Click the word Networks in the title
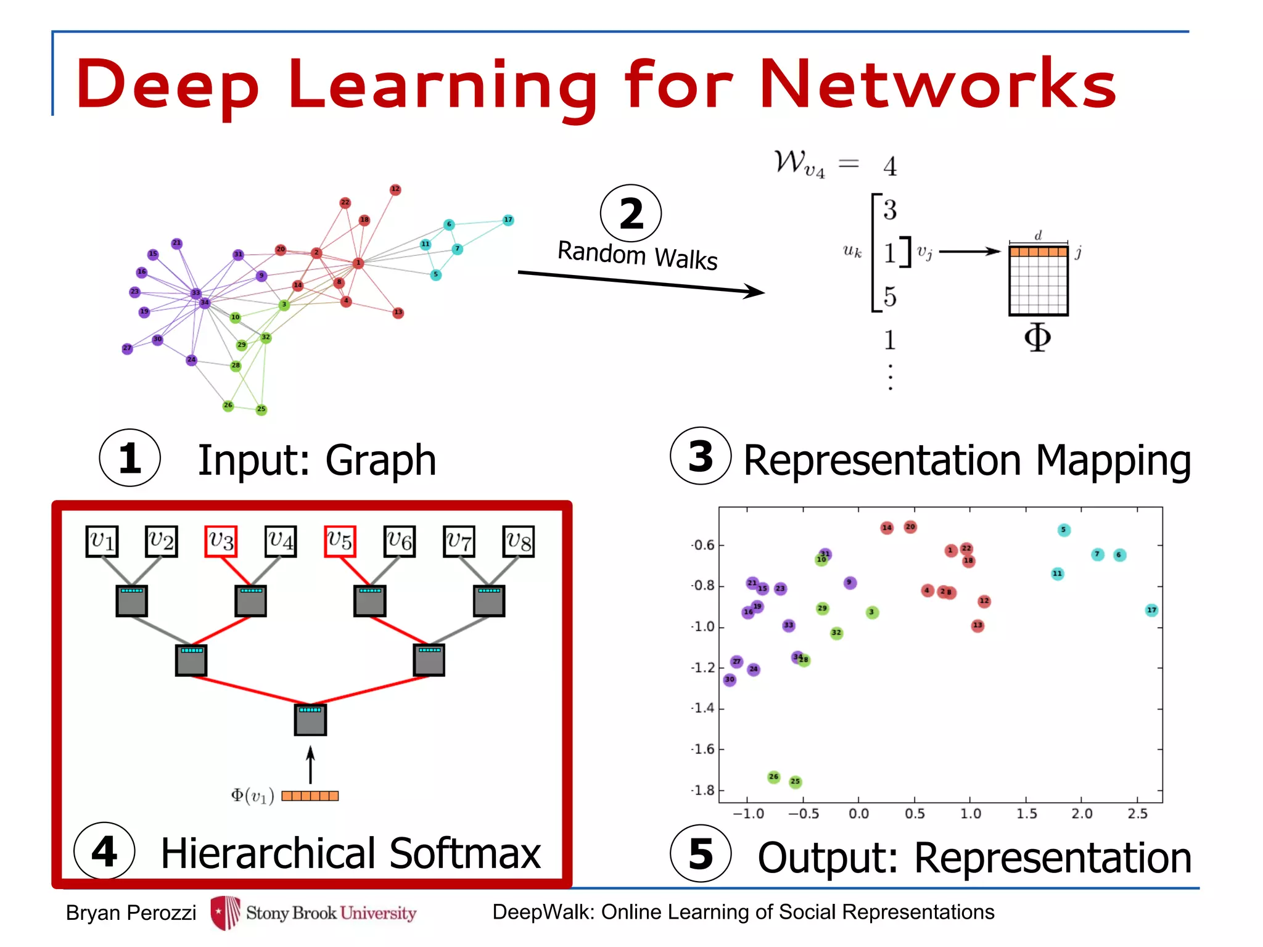pyautogui.click(x=937, y=83)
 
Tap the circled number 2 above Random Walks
pyautogui.click(x=631, y=214)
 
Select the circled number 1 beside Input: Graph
pyautogui.click(x=130, y=458)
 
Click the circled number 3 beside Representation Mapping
pyautogui.click(x=701, y=456)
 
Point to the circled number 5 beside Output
pyautogui.click(x=701, y=854)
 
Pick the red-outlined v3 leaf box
pyautogui.click(x=221, y=541)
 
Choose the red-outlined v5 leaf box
pyautogui.click(x=340, y=541)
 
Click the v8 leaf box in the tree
pyautogui.click(x=519, y=541)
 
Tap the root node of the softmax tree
pyautogui.click(x=310, y=719)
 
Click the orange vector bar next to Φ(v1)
pyautogui.click(x=310, y=796)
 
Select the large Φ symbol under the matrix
pyautogui.click(x=1037, y=337)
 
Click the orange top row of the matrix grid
pyautogui.click(x=1039, y=252)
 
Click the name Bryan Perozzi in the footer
pyautogui.click(x=131, y=912)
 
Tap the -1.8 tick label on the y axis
pyautogui.click(x=704, y=790)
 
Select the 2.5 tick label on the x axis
pyautogui.click(x=1137, y=814)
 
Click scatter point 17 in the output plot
pyautogui.click(x=1151, y=610)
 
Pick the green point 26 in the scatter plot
pyautogui.click(x=774, y=777)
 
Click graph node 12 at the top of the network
pyautogui.click(x=395, y=189)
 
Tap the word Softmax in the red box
pyautogui.click(x=466, y=854)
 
